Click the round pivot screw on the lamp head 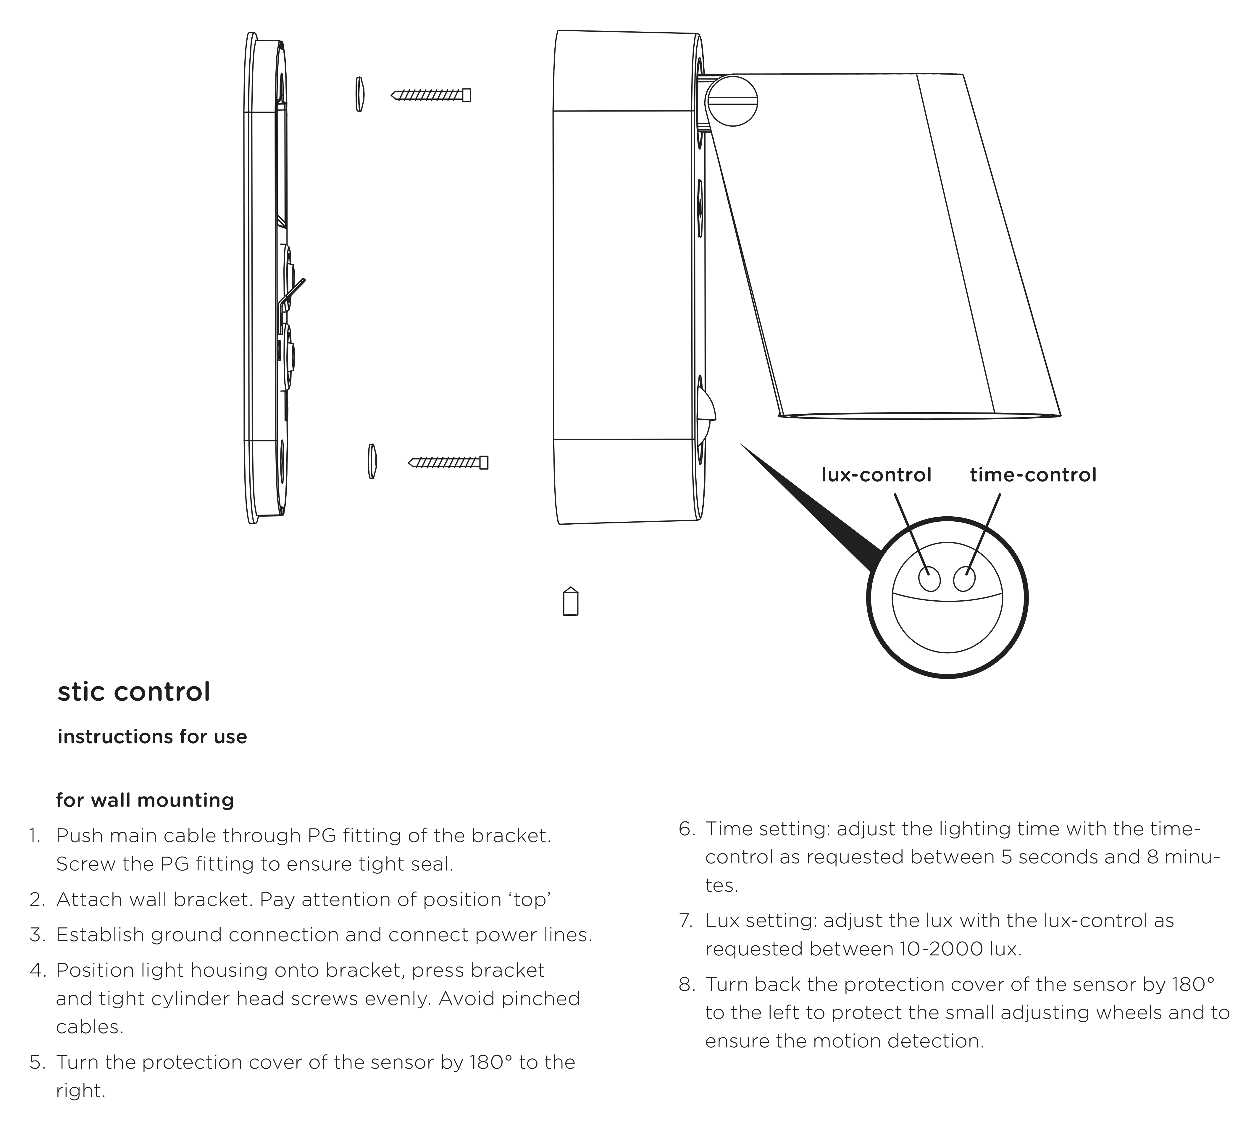[x=733, y=101]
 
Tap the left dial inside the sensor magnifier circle [x=929, y=580]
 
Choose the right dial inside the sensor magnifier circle [x=964, y=579]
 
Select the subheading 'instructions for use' [x=152, y=737]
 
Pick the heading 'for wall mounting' [x=145, y=800]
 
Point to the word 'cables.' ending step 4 [x=89, y=1027]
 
